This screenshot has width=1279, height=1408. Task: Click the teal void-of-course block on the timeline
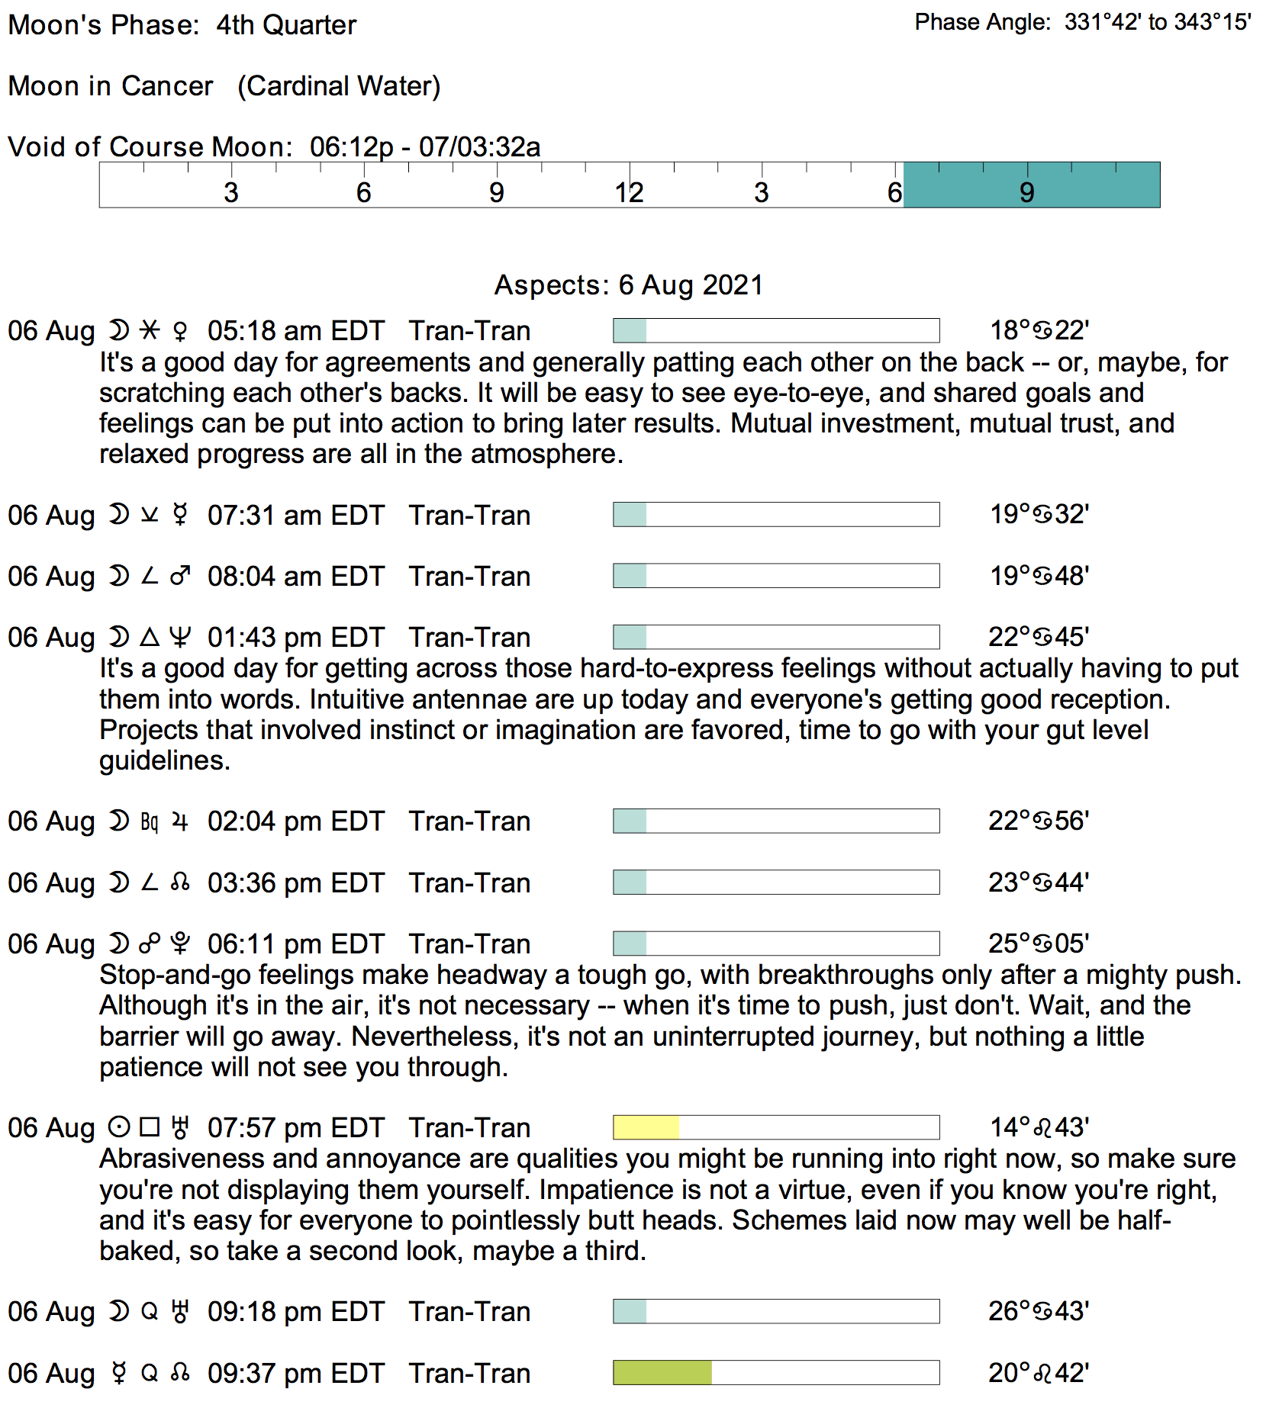tap(1030, 185)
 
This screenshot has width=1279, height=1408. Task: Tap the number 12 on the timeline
tap(629, 192)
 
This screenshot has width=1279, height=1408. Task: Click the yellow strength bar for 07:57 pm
tap(646, 1127)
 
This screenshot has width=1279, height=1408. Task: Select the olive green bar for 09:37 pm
tap(662, 1372)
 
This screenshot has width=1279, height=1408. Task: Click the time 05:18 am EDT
tap(295, 331)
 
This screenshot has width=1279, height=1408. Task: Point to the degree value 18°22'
tap(1039, 330)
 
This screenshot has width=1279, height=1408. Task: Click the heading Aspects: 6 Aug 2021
tap(629, 284)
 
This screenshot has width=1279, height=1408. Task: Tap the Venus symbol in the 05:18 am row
tap(180, 331)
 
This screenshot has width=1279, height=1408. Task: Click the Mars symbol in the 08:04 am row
tap(180, 576)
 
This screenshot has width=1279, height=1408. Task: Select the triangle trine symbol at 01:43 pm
tap(150, 637)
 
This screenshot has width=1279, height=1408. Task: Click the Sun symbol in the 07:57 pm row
tap(119, 1127)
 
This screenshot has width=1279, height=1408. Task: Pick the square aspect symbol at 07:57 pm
tap(150, 1127)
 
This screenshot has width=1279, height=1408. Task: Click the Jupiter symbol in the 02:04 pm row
tap(180, 821)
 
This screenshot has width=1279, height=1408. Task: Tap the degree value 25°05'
tap(1038, 943)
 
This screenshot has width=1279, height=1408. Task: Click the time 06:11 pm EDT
tap(295, 944)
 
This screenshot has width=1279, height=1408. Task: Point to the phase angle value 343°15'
tap(1213, 22)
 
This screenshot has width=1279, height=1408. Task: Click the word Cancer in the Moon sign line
tap(167, 86)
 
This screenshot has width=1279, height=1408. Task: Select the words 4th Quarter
tap(286, 25)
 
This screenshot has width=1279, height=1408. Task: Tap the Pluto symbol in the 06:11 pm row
tap(180, 944)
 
